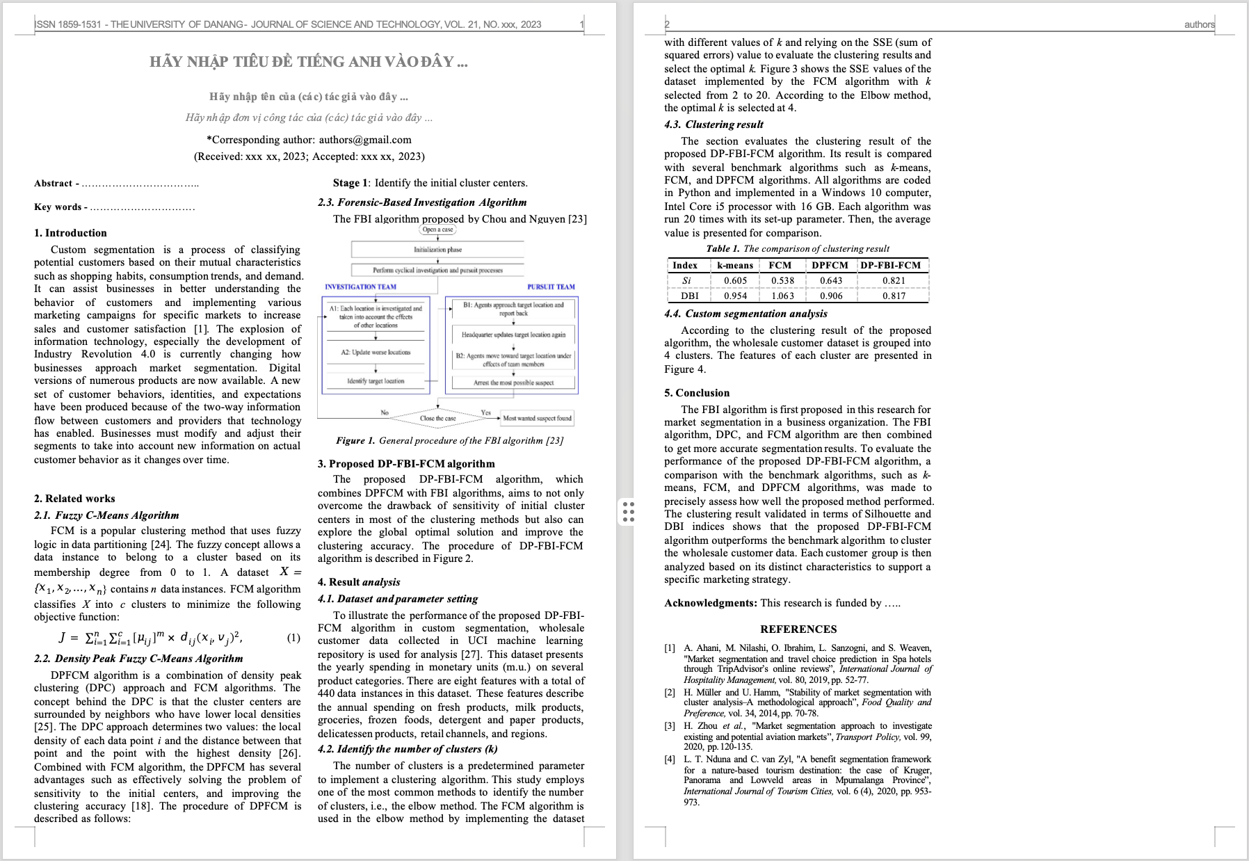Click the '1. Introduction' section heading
point(70,233)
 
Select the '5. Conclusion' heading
point(697,393)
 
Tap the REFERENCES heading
point(798,629)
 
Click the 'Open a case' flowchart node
point(437,230)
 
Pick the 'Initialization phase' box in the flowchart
point(437,249)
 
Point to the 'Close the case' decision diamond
point(437,418)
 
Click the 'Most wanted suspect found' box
point(537,418)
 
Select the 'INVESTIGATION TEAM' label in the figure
point(360,287)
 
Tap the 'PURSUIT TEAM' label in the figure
point(551,287)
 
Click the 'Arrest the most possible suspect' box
point(513,383)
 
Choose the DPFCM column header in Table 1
point(830,265)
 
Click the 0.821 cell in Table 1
point(894,281)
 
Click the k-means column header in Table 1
point(735,265)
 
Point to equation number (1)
point(293,638)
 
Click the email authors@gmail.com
point(365,140)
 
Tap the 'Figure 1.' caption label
point(355,440)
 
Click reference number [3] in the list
point(670,726)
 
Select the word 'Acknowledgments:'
point(710,603)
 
